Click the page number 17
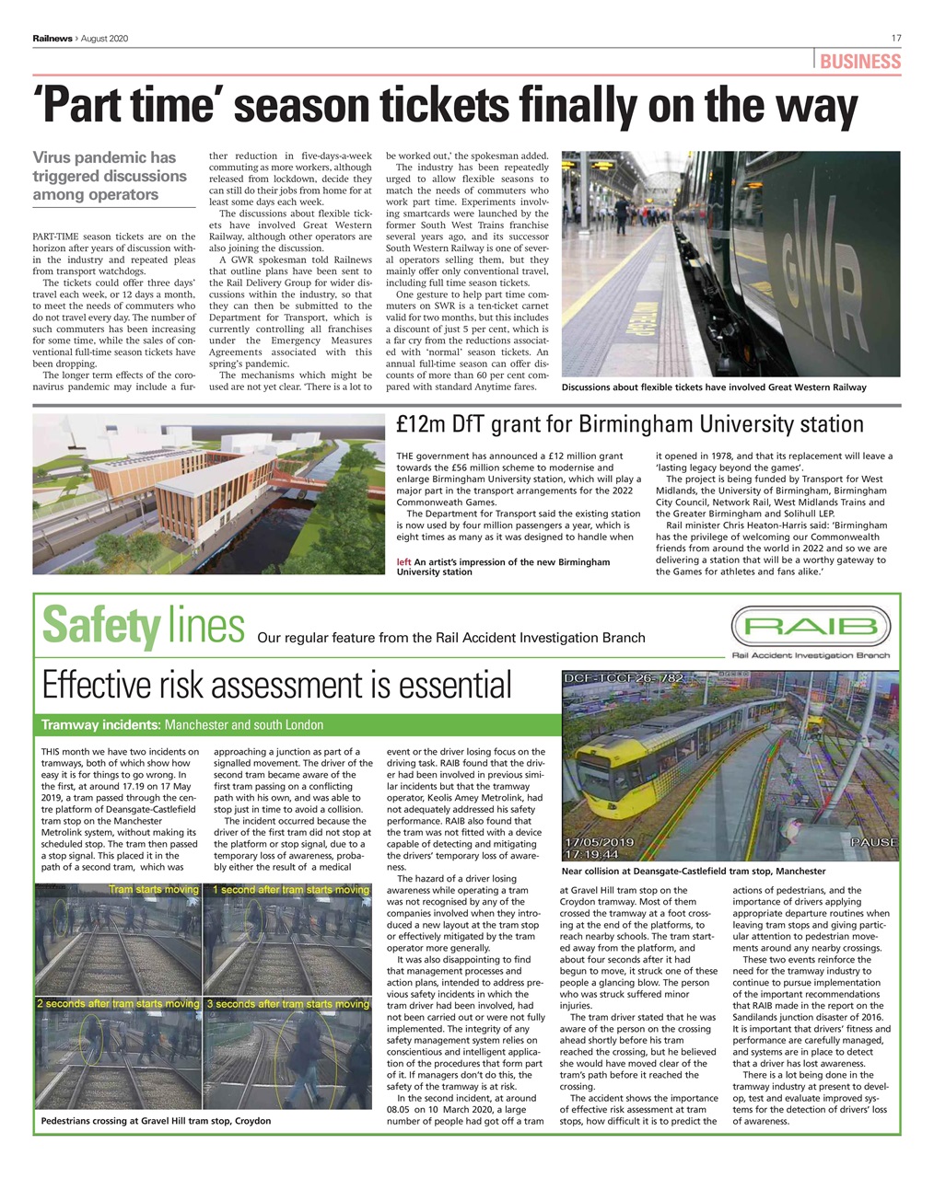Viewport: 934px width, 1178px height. coord(895,38)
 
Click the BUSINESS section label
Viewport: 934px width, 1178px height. coord(859,62)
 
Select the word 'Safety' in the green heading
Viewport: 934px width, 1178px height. coord(100,626)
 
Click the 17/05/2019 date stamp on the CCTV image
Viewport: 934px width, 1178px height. coord(600,842)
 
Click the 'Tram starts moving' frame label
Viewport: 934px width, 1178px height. coord(153,890)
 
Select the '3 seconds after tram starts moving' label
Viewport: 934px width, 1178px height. coord(287,1003)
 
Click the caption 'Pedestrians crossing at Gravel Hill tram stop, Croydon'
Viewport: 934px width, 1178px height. coord(157,1121)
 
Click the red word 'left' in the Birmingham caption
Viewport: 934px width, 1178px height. coord(403,561)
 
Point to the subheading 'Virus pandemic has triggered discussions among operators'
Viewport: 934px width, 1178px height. coord(109,176)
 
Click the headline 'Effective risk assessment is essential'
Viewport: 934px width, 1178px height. coord(276,686)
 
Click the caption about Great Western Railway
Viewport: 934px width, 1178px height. coord(714,387)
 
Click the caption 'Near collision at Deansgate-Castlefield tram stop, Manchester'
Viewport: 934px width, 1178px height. coord(693,871)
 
